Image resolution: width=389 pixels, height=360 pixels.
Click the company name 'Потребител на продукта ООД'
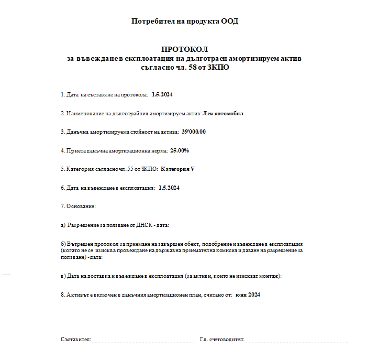pos(185,21)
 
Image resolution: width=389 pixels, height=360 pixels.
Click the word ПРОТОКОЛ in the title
pos(185,49)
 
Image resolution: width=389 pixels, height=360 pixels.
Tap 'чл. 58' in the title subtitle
pos(192,67)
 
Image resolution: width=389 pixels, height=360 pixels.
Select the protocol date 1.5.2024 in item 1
pos(162,95)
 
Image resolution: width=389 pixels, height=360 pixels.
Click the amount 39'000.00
pos(193,132)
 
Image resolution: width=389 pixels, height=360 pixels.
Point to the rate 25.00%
pos(180,150)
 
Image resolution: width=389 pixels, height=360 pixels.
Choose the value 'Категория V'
pos(177,169)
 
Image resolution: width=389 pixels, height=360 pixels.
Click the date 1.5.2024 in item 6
pos(169,188)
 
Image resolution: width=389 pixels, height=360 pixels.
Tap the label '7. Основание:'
pos(78,206)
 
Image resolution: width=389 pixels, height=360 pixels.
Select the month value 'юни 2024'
pos(248,294)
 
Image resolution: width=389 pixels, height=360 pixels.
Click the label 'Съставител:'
pos(76,340)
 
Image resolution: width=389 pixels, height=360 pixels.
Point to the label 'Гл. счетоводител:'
pos(222,340)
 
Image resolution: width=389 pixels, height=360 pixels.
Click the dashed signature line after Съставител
pos(143,341)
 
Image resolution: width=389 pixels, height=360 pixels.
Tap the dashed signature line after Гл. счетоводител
pos(296,341)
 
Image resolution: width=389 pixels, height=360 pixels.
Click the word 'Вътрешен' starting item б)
pos(80,244)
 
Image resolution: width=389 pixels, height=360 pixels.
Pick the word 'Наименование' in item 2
pos(84,113)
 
